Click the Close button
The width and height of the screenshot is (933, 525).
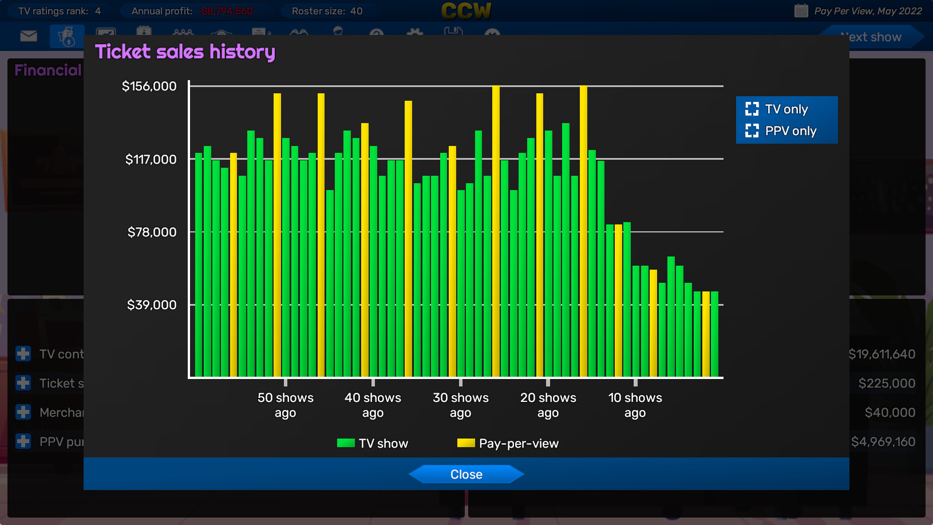[x=466, y=474]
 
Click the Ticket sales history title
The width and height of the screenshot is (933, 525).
[x=185, y=52]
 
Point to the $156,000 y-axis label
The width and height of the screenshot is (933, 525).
[x=149, y=86]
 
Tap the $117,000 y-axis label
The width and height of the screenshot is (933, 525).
[x=151, y=159]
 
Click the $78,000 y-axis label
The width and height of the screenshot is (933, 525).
[x=152, y=232]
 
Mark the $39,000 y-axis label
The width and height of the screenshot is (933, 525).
[x=152, y=305]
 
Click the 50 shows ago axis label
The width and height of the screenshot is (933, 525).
[x=285, y=405]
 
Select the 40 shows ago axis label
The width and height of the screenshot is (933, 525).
[x=373, y=405]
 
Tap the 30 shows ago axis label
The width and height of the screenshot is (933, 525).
[x=460, y=405]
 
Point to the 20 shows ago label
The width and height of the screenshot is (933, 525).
[x=548, y=405]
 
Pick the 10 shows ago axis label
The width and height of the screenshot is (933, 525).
[x=635, y=405]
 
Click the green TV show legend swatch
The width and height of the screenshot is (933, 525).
[x=346, y=443]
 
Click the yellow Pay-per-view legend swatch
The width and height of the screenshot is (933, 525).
[x=466, y=443]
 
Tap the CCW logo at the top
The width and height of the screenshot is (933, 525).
[x=466, y=11]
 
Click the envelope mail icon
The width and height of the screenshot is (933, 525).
[x=29, y=37]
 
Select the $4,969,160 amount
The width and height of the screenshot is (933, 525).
[x=883, y=441]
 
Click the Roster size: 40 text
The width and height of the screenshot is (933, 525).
[x=327, y=11]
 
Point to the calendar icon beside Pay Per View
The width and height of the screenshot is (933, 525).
[x=801, y=11]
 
